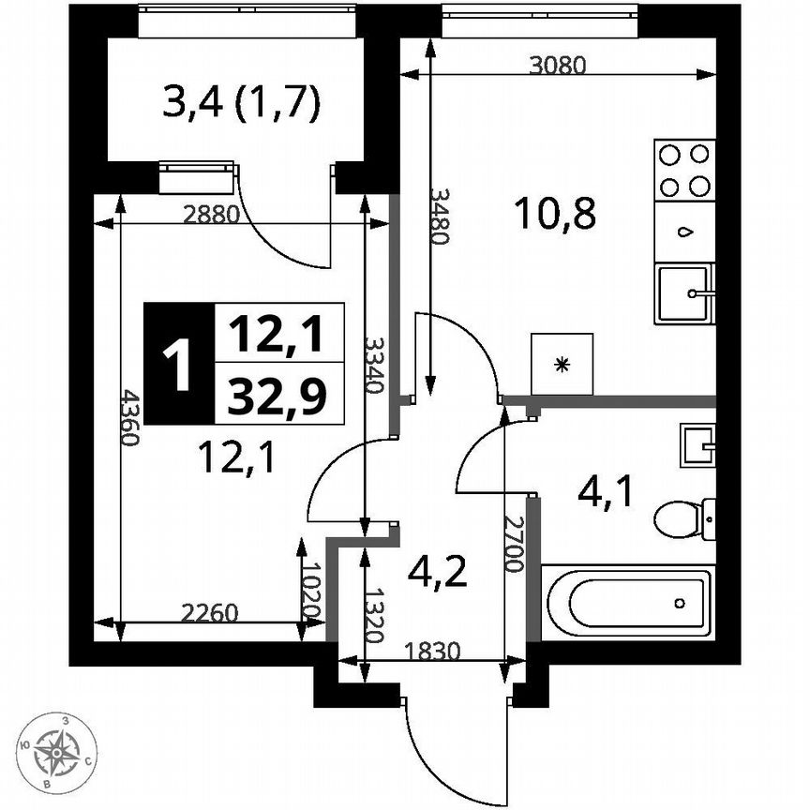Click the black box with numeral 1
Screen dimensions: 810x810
coord(178,362)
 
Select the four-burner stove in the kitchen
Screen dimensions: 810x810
coord(684,169)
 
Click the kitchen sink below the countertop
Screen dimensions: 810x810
coord(683,293)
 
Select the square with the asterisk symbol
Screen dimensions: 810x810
coord(562,364)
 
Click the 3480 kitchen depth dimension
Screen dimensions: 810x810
coord(438,216)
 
